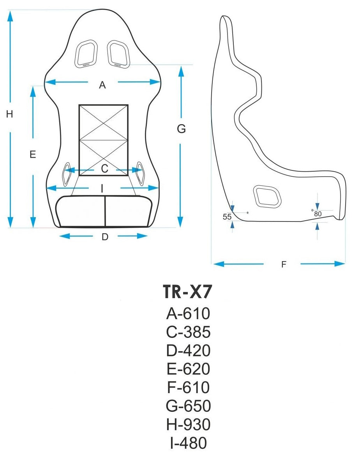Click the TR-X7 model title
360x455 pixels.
(x=188, y=292)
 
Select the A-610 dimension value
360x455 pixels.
(x=188, y=313)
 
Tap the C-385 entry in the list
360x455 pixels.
(x=188, y=332)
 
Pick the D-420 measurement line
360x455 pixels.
(x=188, y=350)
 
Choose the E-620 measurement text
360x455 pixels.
(x=188, y=369)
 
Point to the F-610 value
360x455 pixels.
(x=188, y=387)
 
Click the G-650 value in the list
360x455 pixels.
(x=188, y=406)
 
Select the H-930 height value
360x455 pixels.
(x=188, y=424)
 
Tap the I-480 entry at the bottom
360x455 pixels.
(x=188, y=443)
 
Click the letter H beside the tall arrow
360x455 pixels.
(x=10, y=114)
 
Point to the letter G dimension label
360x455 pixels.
(x=181, y=129)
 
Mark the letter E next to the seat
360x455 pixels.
(x=33, y=155)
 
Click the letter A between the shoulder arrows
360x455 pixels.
(x=102, y=85)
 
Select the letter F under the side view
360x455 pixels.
(x=284, y=265)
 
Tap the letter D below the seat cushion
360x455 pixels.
(x=104, y=237)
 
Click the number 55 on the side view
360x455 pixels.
(x=227, y=217)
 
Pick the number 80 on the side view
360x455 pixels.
(x=317, y=214)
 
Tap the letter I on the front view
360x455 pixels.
(x=102, y=189)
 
